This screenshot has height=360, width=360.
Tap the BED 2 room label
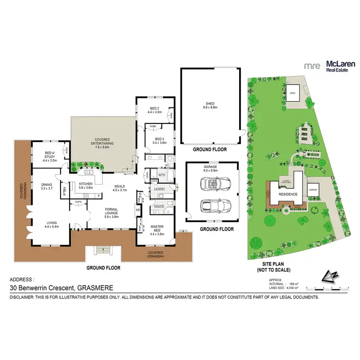coord(155,110)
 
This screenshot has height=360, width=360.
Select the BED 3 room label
coord(159,140)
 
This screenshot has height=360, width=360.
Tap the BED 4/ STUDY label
coord(49,156)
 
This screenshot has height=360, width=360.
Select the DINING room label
coord(47,185)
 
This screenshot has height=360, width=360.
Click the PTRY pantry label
coord(64,188)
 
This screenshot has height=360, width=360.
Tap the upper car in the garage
coord(212,184)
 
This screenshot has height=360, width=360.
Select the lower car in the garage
coord(212,205)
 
